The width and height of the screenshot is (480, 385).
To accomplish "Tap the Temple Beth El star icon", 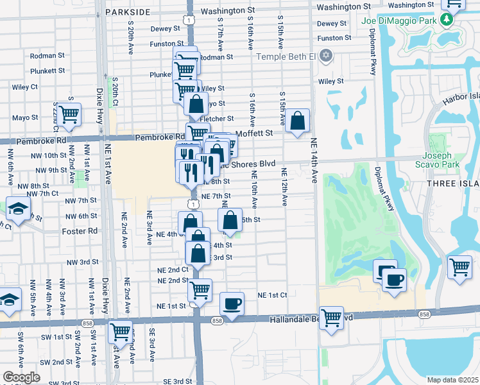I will pyautogui.click(x=326, y=55).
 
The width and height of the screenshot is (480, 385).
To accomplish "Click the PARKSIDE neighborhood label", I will pyautogui.click(x=131, y=12).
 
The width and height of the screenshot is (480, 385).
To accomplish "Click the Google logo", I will pyautogui.click(x=21, y=377).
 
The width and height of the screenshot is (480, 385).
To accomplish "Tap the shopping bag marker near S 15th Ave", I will pyautogui.click(x=298, y=121).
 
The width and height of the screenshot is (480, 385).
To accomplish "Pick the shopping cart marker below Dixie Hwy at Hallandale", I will pyautogui.click(x=120, y=332).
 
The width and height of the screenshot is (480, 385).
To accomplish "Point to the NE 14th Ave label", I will pyautogui.click(x=314, y=160).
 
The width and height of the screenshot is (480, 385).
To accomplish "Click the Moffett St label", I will pyautogui.click(x=254, y=133).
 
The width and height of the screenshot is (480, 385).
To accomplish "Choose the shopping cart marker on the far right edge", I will pyautogui.click(x=459, y=266).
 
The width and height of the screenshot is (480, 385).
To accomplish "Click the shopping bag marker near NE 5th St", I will pyautogui.click(x=230, y=221).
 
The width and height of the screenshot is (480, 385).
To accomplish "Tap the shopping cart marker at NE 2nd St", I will pyautogui.click(x=200, y=290).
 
